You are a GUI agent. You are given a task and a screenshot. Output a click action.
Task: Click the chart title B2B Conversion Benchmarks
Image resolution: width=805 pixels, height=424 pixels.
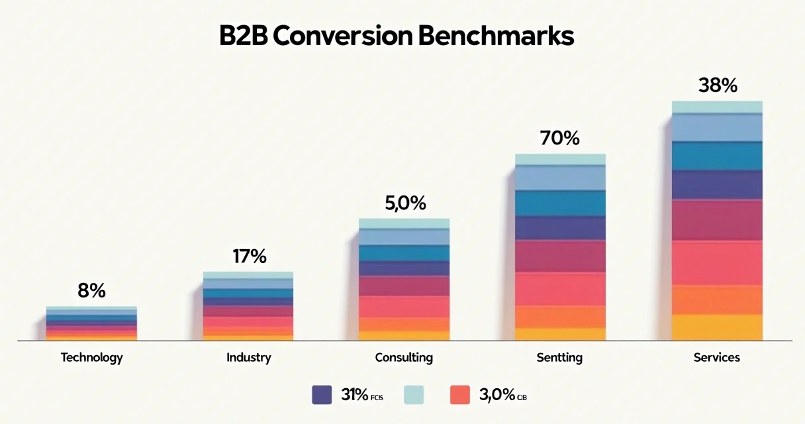click(x=397, y=37)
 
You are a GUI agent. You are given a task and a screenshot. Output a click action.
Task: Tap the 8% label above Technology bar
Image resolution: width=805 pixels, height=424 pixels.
click(x=91, y=291)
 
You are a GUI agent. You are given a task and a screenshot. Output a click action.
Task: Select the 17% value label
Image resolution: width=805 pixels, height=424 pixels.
click(x=249, y=256)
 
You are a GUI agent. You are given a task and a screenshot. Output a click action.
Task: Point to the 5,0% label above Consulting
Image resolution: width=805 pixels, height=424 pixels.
click(x=405, y=203)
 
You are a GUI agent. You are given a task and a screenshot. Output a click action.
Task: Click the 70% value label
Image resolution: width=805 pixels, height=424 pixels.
click(x=559, y=138)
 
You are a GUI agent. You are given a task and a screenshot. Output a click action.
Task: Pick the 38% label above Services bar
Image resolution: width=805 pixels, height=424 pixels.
click(x=718, y=85)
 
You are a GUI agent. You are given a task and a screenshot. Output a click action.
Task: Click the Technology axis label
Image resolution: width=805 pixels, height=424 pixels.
click(x=91, y=358)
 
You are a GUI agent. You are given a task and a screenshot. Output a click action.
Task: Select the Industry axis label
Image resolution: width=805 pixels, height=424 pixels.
click(x=249, y=358)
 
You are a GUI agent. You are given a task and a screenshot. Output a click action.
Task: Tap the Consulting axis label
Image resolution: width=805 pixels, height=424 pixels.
click(x=404, y=358)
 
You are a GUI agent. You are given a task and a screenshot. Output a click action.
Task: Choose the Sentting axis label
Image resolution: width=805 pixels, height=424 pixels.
click(x=560, y=358)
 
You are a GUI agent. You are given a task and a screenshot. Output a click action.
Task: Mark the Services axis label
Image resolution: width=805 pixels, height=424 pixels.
click(x=717, y=358)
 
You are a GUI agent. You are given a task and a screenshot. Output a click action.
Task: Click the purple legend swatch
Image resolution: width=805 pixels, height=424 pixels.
click(x=322, y=395)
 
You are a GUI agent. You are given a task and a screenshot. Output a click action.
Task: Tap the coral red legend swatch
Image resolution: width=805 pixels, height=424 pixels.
click(x=459, y=395)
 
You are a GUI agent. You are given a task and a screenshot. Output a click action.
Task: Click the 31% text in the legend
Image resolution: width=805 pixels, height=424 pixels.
click(x=355, y=395)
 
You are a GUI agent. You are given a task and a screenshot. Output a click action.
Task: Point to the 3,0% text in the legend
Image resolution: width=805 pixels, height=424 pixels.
click(x=497, y=395)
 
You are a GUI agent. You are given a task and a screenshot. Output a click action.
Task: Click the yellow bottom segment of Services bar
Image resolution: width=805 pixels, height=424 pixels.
click(x=717, y=327)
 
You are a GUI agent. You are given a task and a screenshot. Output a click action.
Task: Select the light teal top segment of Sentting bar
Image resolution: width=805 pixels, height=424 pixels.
click(x=560, y=159)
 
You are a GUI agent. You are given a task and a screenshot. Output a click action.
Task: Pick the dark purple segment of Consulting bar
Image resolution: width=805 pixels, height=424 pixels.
click(x=404, y=268)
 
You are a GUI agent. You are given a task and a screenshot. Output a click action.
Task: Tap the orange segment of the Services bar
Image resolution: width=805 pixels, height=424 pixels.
click(x=717, y=299)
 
